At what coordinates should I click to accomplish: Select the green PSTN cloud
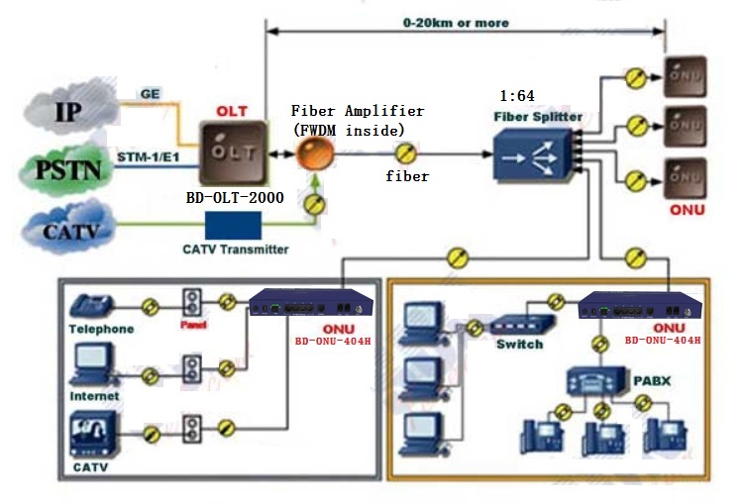pyautogui.click(x=67, y=169)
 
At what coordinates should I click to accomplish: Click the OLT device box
pyautogui.click(x=233, y=153)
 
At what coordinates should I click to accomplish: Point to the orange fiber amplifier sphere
pyautogui.click(x=315, y=152)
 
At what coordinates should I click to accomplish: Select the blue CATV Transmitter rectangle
pyautogui.click(x=233, y=225)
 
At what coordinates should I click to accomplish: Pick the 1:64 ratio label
pyautogui.click(x=517, y=96)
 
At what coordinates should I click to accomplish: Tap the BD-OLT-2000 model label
pyautogui.click(x=235, y=197)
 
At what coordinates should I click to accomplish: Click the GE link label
pyautogui.click(x=150, y=94)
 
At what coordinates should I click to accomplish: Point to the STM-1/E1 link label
pyautogui.click(x=149, y=157)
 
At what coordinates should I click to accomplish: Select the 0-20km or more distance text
pyautogui.click(x=456, y=23)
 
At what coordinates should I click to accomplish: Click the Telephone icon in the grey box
pyautogui.click(x=92, y=305)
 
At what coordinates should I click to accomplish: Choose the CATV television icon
pyautogui.click(x=94, y=434)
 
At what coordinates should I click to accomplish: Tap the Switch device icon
pyautogui.click(x=522, y=324)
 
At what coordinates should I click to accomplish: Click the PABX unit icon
pyautogui.click(x=595, y=381)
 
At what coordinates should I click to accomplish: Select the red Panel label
pyautogui.click(x=193, y=325)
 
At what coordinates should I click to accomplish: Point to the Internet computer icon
pyautogui.click(x=93, y=364)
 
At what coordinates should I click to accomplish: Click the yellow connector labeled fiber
pyautogui.click(x=405, y=153)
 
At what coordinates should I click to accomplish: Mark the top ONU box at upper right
pyautogui.click(x=686, y=76)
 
